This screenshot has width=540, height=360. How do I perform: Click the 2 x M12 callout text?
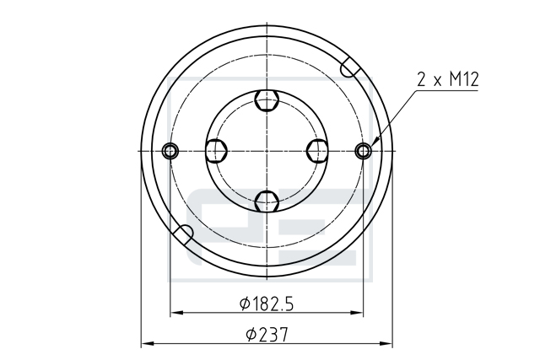pos(448,79)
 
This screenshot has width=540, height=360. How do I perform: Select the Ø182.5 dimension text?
pos(267,304)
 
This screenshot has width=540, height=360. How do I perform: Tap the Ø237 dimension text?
pos(267,335)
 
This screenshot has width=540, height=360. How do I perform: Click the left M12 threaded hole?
pos(170,151)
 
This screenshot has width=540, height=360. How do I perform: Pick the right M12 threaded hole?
pos(364,151)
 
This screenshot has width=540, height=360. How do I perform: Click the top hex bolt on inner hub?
pos(267,100)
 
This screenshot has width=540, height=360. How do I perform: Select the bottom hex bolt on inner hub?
pos(267,201)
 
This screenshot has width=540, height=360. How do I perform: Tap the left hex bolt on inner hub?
pos(216,151)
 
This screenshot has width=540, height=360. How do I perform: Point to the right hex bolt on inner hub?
pos(317,151)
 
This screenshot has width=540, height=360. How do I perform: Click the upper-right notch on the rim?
pos(349,67)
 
